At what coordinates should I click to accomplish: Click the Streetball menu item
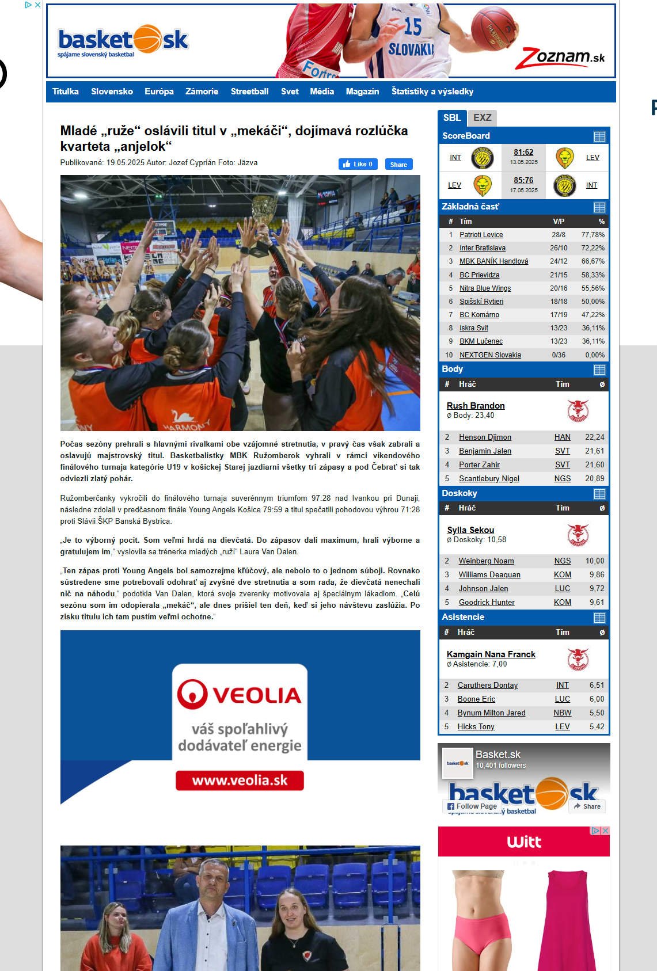[249, 92]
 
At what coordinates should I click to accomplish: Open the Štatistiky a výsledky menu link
[432, 92]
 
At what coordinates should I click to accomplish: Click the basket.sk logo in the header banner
[123, 40]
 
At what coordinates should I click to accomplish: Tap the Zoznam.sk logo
[560, 58]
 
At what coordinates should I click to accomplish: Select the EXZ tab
[482, 118]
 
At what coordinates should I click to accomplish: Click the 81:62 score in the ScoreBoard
[523, 153]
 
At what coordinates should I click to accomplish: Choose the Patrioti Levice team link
[481, 235]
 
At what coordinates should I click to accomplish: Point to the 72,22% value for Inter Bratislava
[593, 248]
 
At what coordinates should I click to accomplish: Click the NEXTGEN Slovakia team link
[490, 355]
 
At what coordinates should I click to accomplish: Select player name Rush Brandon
[476, 406]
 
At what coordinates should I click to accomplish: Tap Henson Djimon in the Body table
[485, 437]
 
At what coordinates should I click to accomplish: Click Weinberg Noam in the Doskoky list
[486, 561]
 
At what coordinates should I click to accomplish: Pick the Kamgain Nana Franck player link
[491, 654]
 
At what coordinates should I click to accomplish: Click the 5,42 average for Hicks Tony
[597, 727]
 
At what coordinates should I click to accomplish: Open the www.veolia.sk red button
[240, 780]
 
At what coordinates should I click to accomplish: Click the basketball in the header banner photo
[493, 29]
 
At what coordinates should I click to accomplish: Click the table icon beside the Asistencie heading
[599, 618]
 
